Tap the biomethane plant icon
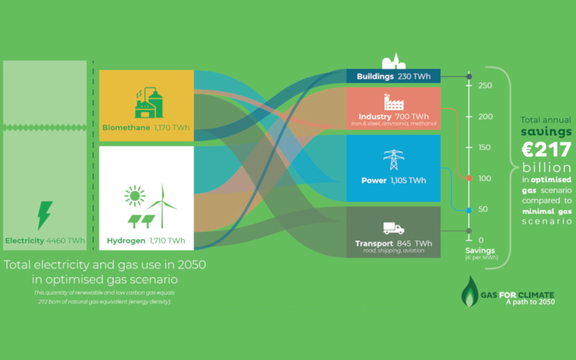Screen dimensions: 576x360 [149, 103]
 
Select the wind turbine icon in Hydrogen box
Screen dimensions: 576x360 [162, 206]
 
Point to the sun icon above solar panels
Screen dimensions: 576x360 [135, 196]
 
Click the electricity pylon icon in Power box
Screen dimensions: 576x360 [394, 160]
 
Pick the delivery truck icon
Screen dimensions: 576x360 [394, 228]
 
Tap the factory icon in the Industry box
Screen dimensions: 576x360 [394, 102]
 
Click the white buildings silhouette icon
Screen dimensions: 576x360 [394, 61]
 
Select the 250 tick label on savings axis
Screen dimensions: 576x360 [485, 85]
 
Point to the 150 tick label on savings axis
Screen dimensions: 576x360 [485, 147]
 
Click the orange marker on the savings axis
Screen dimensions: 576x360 [469, 178]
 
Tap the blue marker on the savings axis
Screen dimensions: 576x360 [469, 211]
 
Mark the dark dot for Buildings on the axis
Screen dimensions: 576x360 [469, 76]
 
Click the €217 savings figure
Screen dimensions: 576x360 [546, 149]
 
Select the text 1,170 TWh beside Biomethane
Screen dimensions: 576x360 [172, 127]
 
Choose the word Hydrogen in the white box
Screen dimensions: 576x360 [126, 241]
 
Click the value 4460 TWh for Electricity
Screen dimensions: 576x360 [66, 241]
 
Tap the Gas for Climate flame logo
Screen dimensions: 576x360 [469, 291]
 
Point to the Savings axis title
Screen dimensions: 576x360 [480, 251]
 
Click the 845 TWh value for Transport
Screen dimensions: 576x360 [414, 243]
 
